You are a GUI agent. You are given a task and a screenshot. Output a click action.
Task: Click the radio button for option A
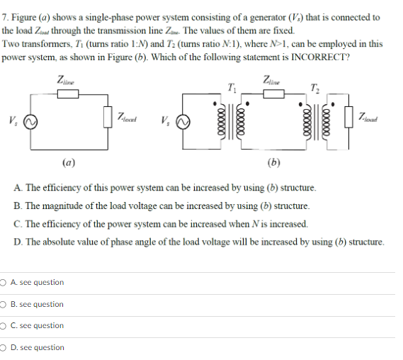point(4,283)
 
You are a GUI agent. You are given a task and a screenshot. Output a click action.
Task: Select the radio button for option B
point(4,305)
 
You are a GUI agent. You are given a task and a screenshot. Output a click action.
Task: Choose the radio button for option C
point(4,326)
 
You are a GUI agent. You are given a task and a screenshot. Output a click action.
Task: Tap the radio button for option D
point(4,348)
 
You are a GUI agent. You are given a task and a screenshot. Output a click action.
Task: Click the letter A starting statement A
point(17,189)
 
